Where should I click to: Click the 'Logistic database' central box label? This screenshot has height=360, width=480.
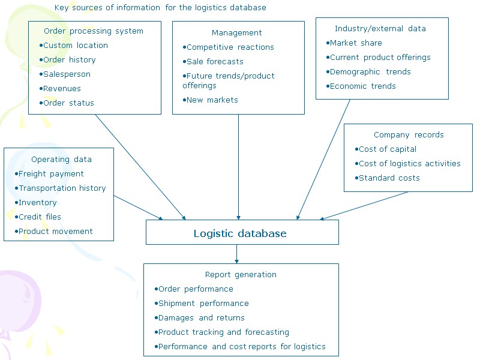click(240, 233)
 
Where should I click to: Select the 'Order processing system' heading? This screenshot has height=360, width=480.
click(94, 31)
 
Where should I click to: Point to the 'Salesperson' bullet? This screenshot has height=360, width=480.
click(66, 74)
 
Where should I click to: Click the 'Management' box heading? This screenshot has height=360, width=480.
click(236, 33)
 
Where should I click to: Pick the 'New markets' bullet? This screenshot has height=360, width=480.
click(211, 100)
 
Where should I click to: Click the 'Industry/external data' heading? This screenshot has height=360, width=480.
click(380, 29)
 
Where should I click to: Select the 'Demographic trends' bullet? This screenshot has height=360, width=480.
click(370, 72)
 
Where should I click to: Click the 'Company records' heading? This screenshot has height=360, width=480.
click(409, 135)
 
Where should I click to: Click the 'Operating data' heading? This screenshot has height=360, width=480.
click(61, 160)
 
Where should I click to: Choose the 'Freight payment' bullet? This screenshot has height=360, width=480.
click(50, 174)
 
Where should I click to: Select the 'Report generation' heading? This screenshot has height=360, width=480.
click(241, 275)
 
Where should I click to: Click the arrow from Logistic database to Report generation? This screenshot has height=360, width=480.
click(237, 254)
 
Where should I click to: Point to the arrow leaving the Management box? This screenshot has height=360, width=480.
click(239, 168)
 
